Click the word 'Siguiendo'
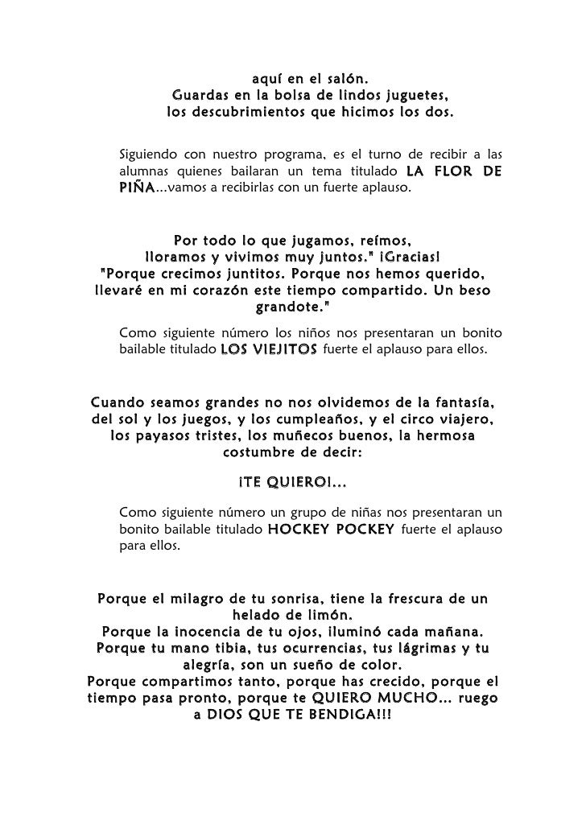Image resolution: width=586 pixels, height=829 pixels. (147, 154)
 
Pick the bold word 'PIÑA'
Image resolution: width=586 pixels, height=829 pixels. (136, 188)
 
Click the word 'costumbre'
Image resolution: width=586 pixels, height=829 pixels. (255, 452)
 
